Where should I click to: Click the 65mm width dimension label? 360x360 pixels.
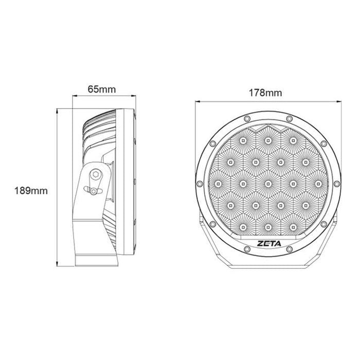coord(101,89)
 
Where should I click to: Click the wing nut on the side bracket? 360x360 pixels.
coord(93,191)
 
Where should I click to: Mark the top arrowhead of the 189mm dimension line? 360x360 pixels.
coord(58,110)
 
